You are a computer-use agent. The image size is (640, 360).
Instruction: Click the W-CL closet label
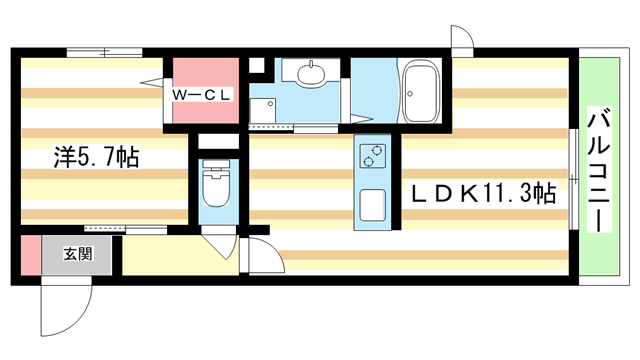point(202,95)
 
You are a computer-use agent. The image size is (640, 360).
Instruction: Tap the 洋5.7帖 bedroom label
point(97,157)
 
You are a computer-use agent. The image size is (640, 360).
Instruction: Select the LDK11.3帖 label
point(483,193)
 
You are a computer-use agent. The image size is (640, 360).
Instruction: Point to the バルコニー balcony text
point(599,169)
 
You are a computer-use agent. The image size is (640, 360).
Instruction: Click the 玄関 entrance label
point(78,254)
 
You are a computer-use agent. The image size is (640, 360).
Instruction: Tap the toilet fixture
point(216,183)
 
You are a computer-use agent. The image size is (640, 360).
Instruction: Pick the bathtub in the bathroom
point(421,91)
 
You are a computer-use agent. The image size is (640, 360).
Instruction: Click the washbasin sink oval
point(311,75)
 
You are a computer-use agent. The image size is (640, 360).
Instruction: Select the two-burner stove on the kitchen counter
point(373,156)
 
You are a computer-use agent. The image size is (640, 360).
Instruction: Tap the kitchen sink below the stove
point(372,205)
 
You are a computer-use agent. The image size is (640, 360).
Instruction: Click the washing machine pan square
point(262,110)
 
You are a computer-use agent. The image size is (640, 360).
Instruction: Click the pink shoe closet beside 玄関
point(31,255)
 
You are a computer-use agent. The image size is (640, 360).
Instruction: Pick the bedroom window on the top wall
point(104,53)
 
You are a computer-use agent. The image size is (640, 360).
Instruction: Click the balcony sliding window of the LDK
point(574,179)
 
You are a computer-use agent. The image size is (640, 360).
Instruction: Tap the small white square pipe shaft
point(257,65)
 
